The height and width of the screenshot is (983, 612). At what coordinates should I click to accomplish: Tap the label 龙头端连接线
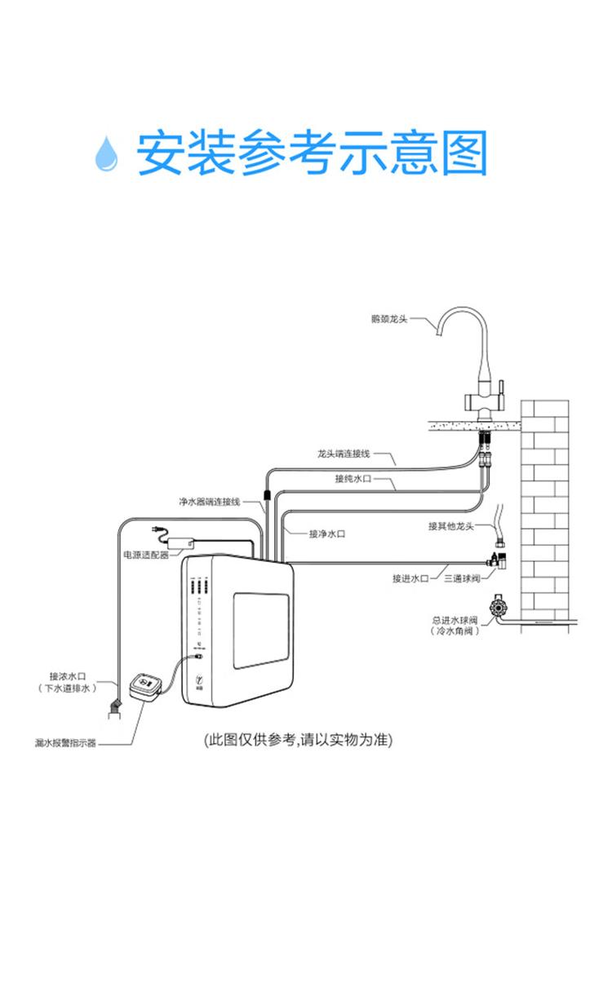click(x=344, y=453)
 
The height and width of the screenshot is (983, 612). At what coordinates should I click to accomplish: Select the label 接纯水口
click(x=353, y=479)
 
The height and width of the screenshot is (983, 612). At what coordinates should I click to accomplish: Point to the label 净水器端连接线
click(x=210, y=501)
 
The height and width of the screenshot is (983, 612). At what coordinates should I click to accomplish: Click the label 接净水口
click(x=327, y=534)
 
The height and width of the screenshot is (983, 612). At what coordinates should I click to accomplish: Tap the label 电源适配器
click(x=145, y=555)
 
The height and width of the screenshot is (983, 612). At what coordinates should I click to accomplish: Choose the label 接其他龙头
click(x=450, y=525)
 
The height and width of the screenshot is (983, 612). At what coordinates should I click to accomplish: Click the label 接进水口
click(x=410, y=578)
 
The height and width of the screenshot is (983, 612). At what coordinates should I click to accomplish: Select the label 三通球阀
click(x=462, y=578)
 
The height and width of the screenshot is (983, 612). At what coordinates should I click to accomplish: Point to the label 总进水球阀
click(x=455, y=620)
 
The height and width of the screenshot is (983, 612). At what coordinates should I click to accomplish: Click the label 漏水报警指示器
click(x=65, y=743)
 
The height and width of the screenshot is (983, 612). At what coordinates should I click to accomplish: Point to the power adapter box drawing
click(x=181, y=541)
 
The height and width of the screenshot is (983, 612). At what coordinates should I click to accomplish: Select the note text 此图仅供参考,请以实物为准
click(x=298, y=740)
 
